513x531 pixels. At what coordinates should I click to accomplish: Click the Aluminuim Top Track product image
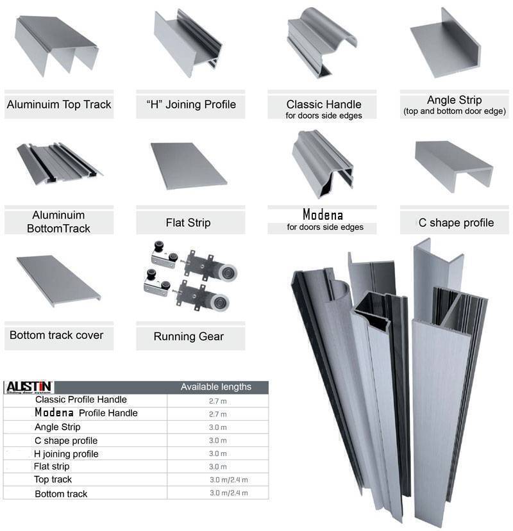pos(56,45)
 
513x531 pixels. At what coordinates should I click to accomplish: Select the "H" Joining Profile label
pos(187,104)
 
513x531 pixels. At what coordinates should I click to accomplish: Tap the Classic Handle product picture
pos(321,44)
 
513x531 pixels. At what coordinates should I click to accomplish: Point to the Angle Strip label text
pos(454,100)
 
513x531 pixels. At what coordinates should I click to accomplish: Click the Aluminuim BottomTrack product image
pos(56,164)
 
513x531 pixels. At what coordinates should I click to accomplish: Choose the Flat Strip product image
pos(188,165)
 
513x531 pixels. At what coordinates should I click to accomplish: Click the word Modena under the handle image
pos(323,215)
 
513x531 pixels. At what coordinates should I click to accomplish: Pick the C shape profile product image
pos(453,164)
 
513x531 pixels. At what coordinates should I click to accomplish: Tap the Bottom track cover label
pos(56,335)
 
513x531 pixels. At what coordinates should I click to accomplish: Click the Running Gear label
pos(189,336)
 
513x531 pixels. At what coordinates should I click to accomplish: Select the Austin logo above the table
pos(29,387)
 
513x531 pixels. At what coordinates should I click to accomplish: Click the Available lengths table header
pos(215,387)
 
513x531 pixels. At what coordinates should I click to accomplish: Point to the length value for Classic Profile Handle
pos(217,400)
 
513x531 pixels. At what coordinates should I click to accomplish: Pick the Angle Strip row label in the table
pos(58,427)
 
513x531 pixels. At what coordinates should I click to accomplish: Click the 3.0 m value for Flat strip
pos(217,467)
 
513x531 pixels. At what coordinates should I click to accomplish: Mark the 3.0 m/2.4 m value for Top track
pos(228,480)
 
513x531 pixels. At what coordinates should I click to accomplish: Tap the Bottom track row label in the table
pos(61,494)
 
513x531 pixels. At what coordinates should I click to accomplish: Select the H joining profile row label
pos(67,453)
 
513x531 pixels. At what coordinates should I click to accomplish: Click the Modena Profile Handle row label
pos(86,413)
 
